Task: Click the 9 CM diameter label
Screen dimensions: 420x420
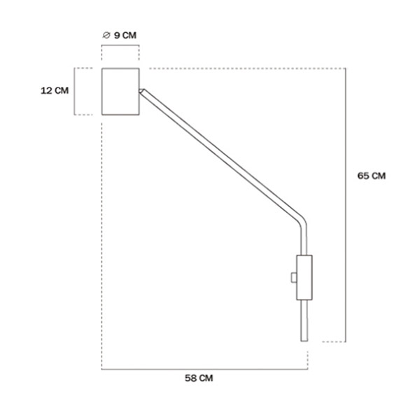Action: (x=125, y=36)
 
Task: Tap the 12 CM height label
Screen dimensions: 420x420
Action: (x=55, y=90)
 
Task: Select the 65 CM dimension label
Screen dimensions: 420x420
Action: (x=372, y=176)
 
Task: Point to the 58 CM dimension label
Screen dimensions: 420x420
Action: (x=199, y=378)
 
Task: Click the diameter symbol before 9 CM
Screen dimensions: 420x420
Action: (x=106, y=35)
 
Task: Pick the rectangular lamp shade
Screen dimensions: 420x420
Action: (x=120, y=92)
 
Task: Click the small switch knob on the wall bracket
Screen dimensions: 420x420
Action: (x=294, y=277)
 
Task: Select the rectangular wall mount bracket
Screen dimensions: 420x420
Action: (x=304, y=277)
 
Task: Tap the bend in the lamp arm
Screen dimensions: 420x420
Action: (x=302, y=222)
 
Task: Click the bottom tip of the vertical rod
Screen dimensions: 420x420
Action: (x=304, y=342)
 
